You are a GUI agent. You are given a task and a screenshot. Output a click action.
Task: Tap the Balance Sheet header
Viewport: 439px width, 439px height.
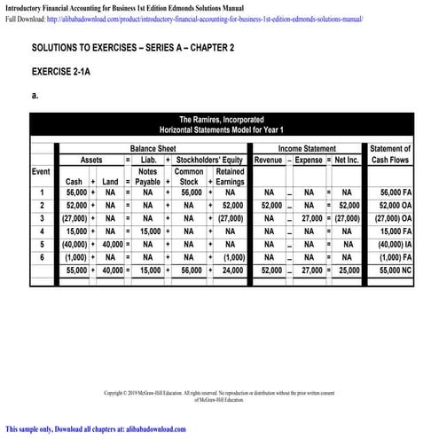tap(153, 148)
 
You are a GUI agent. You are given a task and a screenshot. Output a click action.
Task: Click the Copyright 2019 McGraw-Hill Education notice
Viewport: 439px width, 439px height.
tap(219, 393)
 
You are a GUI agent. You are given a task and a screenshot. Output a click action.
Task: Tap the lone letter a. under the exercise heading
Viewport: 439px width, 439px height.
tap(34, 93)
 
